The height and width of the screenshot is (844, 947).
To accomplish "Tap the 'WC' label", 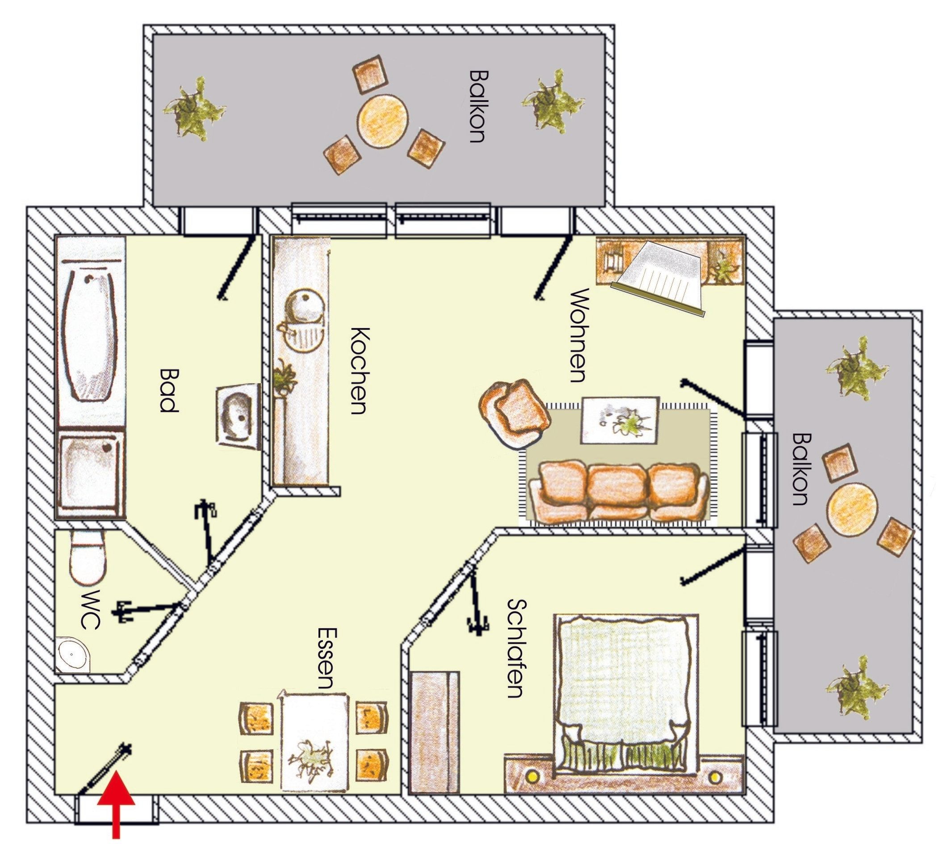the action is tap(90, 610).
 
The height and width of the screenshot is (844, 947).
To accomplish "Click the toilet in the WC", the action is tap(87, 558).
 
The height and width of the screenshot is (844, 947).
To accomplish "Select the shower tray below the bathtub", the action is tap(91, 474).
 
